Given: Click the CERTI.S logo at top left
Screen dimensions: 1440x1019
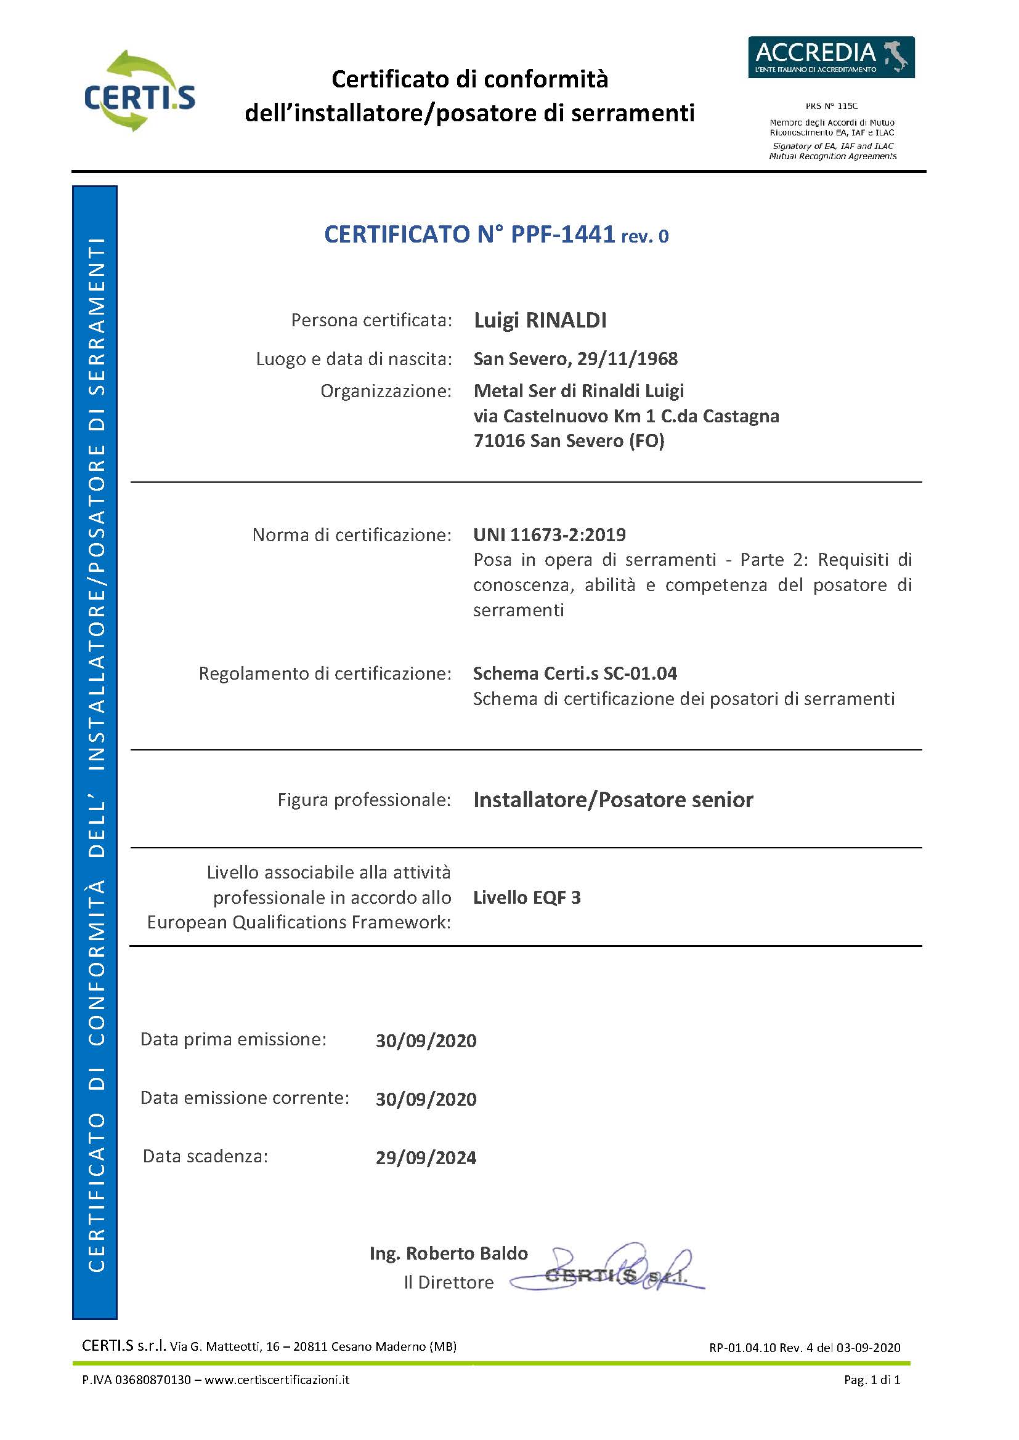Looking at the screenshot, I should (139, 92).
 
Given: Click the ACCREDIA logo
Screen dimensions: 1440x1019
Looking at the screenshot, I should (830, 57).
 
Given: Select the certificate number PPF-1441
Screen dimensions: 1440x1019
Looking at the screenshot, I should (562, 234).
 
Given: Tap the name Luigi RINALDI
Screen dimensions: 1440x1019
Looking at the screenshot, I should (540, 321).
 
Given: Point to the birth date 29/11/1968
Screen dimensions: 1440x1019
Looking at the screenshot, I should (627, 359).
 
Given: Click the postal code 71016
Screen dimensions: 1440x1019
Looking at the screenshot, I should (499, 441).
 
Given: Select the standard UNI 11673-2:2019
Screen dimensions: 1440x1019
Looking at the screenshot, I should (549, 535).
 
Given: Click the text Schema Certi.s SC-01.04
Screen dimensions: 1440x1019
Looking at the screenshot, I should (575, 674).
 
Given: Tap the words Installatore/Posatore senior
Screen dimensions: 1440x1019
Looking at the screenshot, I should (613, 800).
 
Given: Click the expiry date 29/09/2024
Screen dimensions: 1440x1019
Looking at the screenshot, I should (426, 1158).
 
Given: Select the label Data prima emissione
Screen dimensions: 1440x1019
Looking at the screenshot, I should (233, 1039).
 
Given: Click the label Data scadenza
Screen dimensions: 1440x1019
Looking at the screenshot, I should (205, 1157).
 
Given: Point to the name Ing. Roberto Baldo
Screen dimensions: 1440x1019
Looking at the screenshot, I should (448, 1253).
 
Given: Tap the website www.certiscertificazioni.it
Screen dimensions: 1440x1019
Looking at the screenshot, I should (277, 1380).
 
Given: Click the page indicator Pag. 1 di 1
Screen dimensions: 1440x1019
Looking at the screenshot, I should (872, 1380).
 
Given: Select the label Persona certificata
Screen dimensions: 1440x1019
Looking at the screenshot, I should (371, 321).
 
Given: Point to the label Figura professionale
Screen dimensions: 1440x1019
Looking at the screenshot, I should (364, 800).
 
